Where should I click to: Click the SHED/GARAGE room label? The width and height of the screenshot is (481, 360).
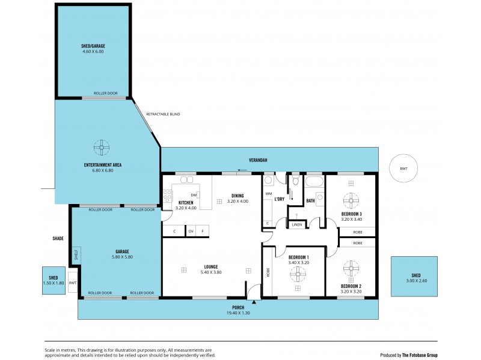point(93,46)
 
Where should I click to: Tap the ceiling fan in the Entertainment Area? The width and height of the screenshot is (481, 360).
point(102,146)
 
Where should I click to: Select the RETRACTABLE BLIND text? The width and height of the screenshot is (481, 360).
point(162,114)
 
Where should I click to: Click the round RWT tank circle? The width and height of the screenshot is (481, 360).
point(403,169)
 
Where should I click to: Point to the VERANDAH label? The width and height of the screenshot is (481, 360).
point(259,160)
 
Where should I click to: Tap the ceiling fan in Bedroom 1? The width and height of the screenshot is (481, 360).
point(297,275)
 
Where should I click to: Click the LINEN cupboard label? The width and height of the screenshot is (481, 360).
point(297,224)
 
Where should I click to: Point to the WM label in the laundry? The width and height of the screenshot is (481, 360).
point(268,194)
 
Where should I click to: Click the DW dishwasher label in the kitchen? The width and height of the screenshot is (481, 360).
point(194,195)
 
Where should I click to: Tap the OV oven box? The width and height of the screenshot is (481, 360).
point(191,231)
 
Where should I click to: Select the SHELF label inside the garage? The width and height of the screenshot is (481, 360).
point(75,254)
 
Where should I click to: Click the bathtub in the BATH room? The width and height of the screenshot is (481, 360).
point(314,181)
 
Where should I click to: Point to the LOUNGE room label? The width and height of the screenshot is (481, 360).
point(210,266)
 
